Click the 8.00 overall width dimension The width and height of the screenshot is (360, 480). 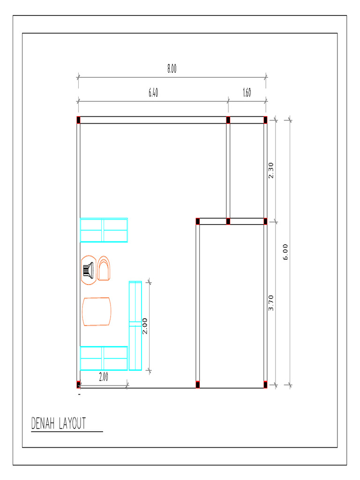pyautogui.click(x=172, y=69)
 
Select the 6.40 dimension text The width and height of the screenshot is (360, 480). pyautogui.click(x=153, y=93)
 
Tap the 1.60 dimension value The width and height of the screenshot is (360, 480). pyautogui.click(x=247, y=93)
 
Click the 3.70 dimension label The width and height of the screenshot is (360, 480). pyautogui.click(x=271, y=303)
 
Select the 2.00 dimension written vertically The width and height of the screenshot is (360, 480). pyautogui.click(x=145, y=326)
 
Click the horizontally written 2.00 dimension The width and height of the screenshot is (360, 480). pyautogui.click(x=104, y=377)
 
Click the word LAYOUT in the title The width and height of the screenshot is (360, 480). pyautogui.click(x=73, y=424)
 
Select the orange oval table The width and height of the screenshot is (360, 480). pyautogui.click(x=97, y=311)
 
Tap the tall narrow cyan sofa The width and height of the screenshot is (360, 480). pyautogui.click(x=135, y=326)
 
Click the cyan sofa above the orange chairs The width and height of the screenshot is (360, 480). pyautogui.click(x=104, y=230)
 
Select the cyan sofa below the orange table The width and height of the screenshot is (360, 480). pyautogui.click(x=104, y=359)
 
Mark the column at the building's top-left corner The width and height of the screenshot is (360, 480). pyautogui.click(x=78, y=120)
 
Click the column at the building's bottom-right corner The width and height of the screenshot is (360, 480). pyautogui.click(x=265, y=385)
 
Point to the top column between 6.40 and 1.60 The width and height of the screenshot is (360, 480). pyautogui.click(x=228, y=120)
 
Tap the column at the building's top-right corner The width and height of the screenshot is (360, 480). pyautogui.click(x=265, y=120)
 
